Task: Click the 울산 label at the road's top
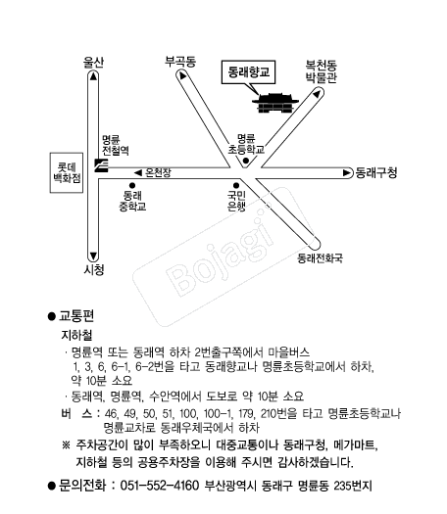coord(93,62)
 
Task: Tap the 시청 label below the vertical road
coord(94,269)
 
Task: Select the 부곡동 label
coord(180,62)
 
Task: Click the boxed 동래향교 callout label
coord(248,71)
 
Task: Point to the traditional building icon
coord(275,103)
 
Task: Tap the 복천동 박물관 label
coord(322,71)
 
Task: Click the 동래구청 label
coord(376,172)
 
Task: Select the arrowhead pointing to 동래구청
coord(347,172)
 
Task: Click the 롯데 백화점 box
coord(67,172)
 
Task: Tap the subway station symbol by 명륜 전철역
coord(101,165)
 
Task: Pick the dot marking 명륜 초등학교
coord(245,161)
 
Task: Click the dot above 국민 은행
coord(236,186)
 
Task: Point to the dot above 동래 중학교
coord(132,186)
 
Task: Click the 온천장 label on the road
coord(158,172)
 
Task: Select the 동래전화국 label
coord(320,258)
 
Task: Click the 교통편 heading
coord(76,316)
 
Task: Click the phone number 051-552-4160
coord(160,486)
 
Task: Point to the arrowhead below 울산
coord(93,76)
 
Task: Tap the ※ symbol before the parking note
coord(66,445)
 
